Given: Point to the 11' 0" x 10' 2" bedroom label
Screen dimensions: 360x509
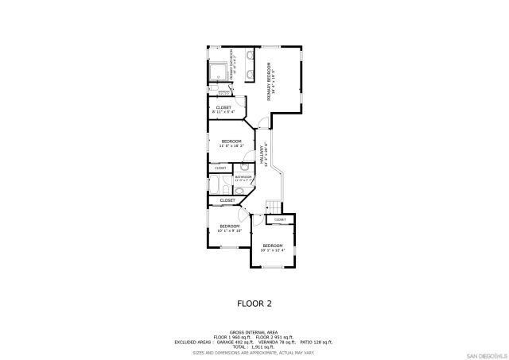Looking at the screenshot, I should tap(231, 143).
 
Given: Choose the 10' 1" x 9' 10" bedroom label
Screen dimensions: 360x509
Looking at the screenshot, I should tap(230, 228).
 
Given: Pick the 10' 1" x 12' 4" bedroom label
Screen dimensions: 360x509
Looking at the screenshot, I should tap(273, 247).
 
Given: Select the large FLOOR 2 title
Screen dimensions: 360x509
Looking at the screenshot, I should tap(254, 303).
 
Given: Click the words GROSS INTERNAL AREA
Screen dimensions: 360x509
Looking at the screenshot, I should tap(254, 332).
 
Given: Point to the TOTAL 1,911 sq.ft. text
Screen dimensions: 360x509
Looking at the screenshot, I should tap(254, 346).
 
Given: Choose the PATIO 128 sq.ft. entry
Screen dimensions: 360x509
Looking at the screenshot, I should tap(317, 342).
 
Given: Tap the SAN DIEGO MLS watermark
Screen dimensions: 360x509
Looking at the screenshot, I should tap(486, 354).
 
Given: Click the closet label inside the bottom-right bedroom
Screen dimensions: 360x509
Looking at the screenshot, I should tap(280, 219).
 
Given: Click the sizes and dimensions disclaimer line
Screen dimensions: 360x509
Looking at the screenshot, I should tap(254, 351).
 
